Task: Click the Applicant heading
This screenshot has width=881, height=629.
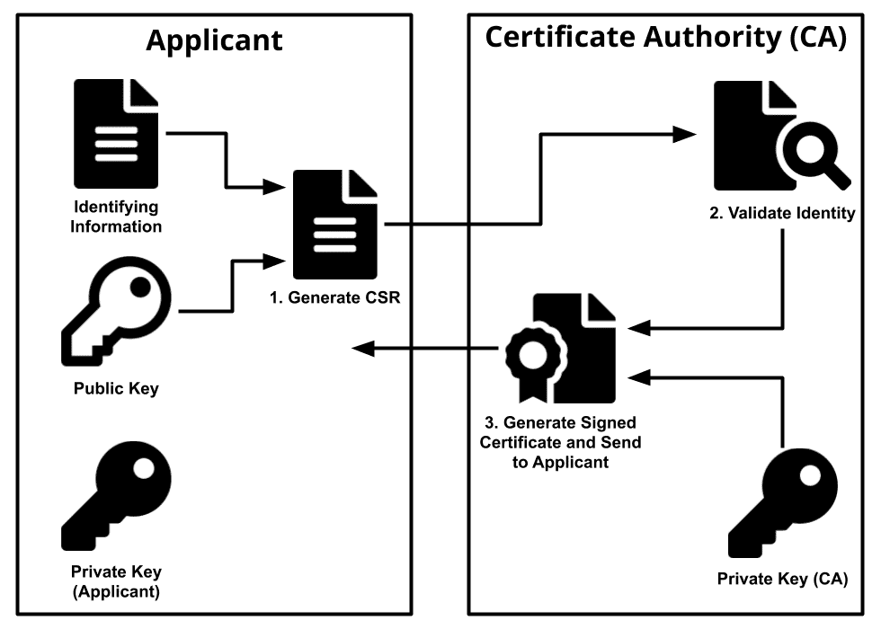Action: tap(214, 40)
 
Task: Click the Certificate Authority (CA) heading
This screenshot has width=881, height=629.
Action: tap(666, 38)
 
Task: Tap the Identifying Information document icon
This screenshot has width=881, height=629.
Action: tap(115, 134)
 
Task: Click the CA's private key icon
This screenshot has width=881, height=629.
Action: tap(781, 504)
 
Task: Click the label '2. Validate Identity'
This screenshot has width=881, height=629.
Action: tap(779, 214)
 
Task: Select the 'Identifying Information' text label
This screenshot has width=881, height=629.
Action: tap(116, 217)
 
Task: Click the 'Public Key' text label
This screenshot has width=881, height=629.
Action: tap(116, 389)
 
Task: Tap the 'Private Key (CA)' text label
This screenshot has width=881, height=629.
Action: tap(782, 579)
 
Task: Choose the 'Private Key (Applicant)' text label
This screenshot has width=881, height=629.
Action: tap(116, 581)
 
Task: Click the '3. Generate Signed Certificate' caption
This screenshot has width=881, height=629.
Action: tap(560, 442)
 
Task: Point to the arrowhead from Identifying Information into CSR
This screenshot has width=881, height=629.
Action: tap(276, 188)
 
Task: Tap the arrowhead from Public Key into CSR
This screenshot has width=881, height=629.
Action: tap(276, 262)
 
